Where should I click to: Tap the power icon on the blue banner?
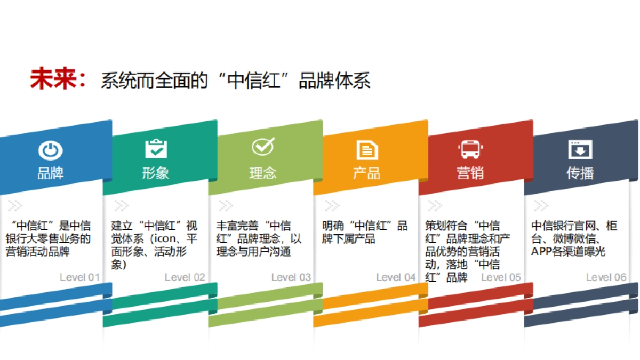coord(50,150)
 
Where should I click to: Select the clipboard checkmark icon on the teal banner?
coord(156,148)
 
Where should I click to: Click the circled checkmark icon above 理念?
coord(262,147)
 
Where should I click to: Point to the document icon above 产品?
coord(367,150)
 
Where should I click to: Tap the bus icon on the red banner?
coord(470,149)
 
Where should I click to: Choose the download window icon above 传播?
coord(580,149)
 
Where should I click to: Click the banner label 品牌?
coord(50,173)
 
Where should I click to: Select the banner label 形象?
coord(156,173)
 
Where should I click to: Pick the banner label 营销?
coord(470,173)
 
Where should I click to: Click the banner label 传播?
coord(580,173)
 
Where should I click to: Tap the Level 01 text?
coord(79,277)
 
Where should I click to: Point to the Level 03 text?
coord(291,277)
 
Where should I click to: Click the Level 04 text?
coord(396,277)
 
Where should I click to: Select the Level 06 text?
coord(606,277)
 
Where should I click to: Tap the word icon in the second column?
coord(162,238)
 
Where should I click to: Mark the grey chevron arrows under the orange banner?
coord(332,205)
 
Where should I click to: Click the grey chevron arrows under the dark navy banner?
coord(541,205)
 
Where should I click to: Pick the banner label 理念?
coord(262,173)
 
